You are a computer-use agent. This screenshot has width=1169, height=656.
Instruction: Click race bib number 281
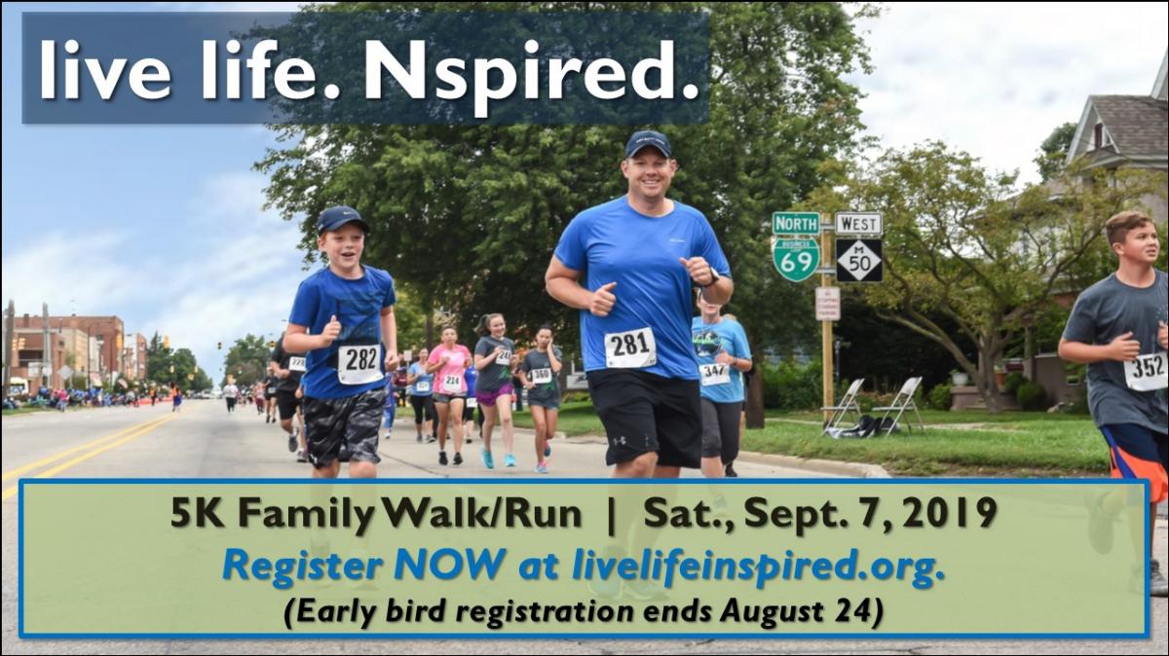click(630, 346)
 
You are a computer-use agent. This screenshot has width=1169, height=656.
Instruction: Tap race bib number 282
click(360, 364)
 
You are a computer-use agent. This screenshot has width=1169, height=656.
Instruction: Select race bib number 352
click(1147, 371)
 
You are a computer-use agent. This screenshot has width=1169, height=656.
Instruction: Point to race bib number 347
click(714, 374)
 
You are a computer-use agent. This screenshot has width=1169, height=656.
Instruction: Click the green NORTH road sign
click(796, 224)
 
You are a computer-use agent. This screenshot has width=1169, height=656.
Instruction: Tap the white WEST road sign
click(858, 224)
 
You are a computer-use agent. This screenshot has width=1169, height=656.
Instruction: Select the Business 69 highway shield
click(797, 260)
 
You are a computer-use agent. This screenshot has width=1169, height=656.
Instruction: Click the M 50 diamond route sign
click(859, 260)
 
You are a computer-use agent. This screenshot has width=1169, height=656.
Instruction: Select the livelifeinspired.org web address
click(759, 566)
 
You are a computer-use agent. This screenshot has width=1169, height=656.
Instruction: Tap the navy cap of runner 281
click(647, 144)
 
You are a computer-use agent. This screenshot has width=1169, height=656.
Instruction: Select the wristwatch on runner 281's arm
click(713, 276)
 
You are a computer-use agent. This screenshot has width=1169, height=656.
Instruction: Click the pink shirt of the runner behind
click(450, 362)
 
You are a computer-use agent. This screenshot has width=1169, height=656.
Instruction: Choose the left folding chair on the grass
click(843, 407)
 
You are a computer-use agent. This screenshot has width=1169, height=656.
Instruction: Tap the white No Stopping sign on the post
click(828, 304)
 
